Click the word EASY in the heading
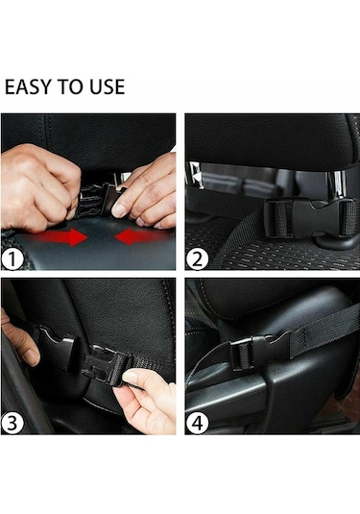[29, 86]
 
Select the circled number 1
[12, 259]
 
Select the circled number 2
[197, 259]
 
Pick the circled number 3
[12, 423]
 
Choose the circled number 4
[197, 423]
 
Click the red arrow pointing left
[141, 236]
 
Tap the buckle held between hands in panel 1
[98, 200]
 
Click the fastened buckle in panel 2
[309, 218]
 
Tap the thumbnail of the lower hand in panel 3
[131, 377]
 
